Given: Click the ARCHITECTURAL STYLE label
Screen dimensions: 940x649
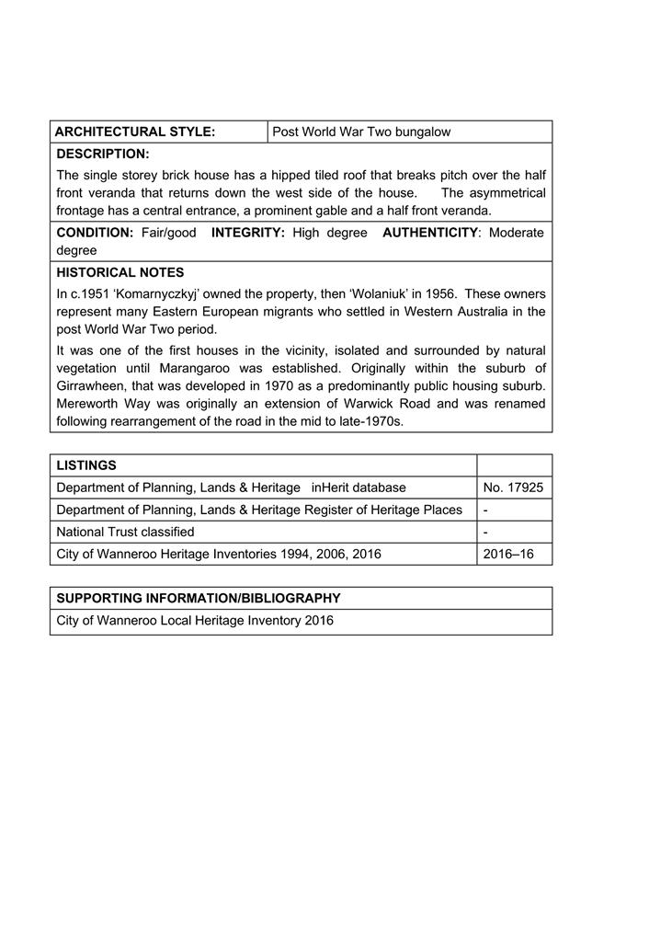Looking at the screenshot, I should tap(135, 132).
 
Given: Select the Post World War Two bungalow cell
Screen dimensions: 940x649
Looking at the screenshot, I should tap(361, 132).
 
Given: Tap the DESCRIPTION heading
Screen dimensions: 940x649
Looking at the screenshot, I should tap(102, 154).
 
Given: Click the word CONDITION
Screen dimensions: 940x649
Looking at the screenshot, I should tap(95, 233).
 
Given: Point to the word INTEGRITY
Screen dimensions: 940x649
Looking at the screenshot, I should tap(248, 233).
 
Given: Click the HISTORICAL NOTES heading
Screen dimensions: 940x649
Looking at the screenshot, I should tap(120, 272).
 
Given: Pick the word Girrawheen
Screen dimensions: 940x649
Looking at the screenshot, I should tap(93, 386).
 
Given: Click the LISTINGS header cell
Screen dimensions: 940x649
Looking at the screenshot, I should tap(86, 465).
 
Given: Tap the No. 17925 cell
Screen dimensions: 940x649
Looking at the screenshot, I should tap(513, 487).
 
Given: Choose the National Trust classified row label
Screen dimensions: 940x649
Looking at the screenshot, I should tap(125, 532).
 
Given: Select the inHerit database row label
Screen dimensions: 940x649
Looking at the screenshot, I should tap(231, 487).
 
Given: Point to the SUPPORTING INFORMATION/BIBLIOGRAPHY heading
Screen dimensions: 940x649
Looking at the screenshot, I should tap(199, 598).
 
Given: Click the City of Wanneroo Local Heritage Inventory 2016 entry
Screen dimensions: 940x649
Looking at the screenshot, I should tap(195, 621).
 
